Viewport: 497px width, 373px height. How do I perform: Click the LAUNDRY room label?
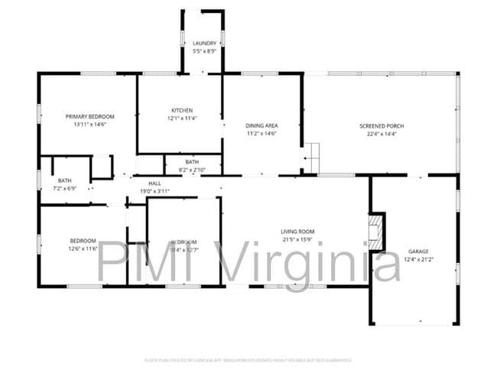204,44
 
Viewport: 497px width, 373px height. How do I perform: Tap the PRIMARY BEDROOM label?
89,117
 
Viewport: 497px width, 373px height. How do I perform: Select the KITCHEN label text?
182,111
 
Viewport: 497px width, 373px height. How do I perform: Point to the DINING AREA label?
261,125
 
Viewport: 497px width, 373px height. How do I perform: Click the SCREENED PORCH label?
382,125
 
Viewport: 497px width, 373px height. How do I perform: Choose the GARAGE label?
417,251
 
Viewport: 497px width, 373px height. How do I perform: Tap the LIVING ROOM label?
297,232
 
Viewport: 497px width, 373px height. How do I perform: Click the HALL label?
154,183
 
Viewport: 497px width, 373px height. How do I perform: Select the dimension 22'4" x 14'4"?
382,133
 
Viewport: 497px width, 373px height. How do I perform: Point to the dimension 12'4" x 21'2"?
417,258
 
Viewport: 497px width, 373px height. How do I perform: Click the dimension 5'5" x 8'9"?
204,51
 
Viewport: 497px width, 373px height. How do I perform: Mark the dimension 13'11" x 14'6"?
89,125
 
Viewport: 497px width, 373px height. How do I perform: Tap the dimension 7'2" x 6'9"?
63,188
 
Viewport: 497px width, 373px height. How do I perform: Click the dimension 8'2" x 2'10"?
191,169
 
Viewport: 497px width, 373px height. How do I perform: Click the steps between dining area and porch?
310,158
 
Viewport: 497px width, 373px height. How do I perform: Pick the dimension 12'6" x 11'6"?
83,248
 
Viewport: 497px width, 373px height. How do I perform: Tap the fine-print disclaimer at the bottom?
248,359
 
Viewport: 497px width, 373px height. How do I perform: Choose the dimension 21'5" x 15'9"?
297,239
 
